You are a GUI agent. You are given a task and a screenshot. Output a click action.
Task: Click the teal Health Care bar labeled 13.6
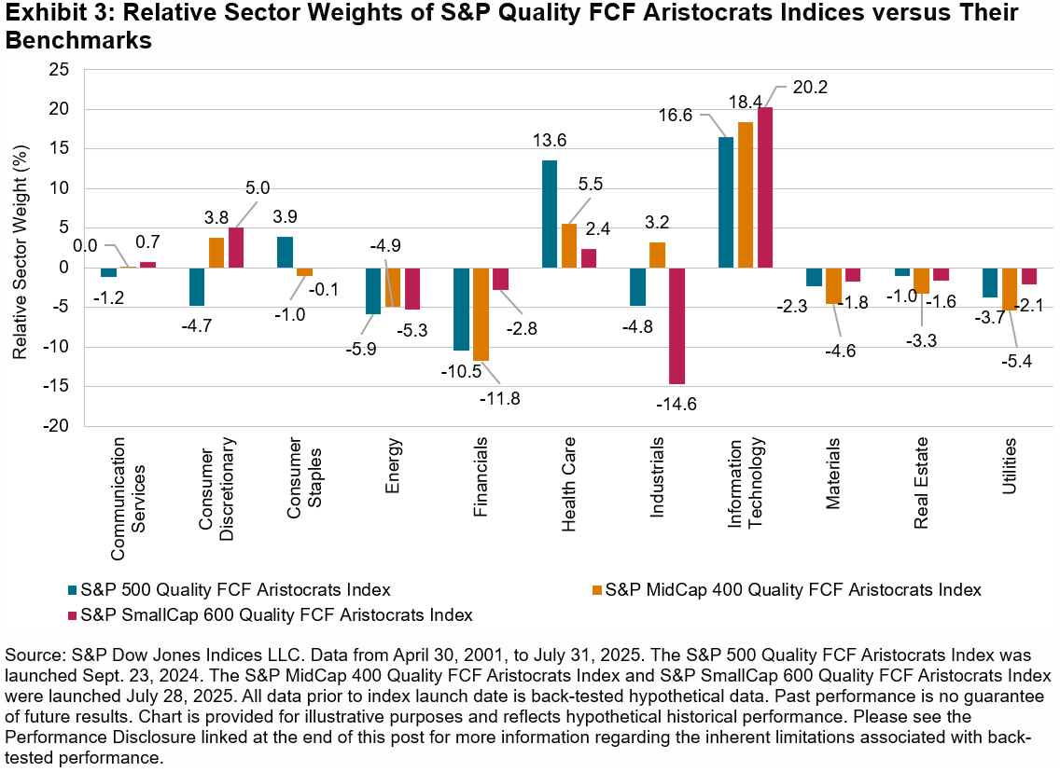coord(550,214)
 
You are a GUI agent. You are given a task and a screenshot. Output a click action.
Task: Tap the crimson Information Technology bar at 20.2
coord(765,187)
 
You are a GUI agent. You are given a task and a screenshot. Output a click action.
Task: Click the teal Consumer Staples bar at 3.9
coord(286,252)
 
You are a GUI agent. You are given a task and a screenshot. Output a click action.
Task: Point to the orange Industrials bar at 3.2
coord(658,255)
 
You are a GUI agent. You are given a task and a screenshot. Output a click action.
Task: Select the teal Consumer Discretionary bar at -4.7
coord(197,286)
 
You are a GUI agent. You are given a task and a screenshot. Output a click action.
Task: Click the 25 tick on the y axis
coord(60,70)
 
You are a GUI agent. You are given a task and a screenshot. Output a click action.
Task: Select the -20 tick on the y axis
coord(56,426)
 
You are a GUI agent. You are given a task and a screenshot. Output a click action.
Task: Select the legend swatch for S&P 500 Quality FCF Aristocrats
coord(74,590)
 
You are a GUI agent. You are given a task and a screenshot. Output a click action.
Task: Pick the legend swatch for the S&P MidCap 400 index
coord(598,590)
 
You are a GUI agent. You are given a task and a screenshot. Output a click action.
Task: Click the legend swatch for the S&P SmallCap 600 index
coord(74,615)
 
